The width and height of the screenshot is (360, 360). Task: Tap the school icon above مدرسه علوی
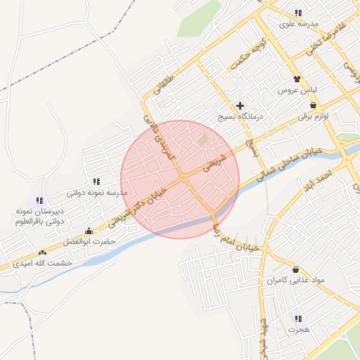298,13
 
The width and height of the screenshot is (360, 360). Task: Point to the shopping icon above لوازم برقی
313,104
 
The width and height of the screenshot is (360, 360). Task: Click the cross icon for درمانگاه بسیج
240,105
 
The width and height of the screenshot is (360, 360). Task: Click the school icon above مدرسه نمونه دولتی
96,181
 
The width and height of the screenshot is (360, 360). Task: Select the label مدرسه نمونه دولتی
96,192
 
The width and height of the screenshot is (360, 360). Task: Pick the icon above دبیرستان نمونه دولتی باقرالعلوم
39,200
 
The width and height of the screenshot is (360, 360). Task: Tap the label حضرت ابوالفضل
89,241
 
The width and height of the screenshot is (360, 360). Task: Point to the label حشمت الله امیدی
42,263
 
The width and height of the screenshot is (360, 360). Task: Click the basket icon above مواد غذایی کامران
295,269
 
